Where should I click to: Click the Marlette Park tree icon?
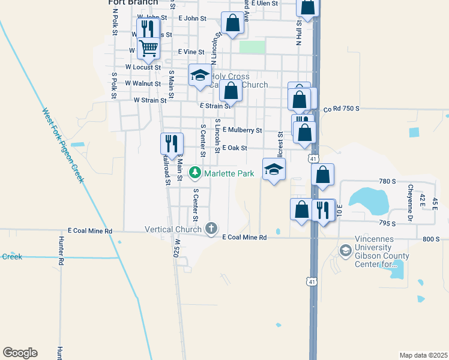click(195, 173)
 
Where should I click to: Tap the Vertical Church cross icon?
click(211, 229)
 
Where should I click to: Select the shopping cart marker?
click(148, 47)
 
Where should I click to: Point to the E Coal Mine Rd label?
click(244, 238)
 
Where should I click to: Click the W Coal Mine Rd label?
click(91, 230)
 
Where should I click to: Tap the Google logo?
click(20, 353)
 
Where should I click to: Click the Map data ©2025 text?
click(423, 355)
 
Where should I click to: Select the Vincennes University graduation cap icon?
click(345, 250)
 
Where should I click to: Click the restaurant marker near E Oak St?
click(172, 143)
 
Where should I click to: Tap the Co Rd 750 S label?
click(341, 109)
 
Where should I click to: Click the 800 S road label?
click(431, 239)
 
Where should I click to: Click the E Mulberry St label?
click(243, 130)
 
